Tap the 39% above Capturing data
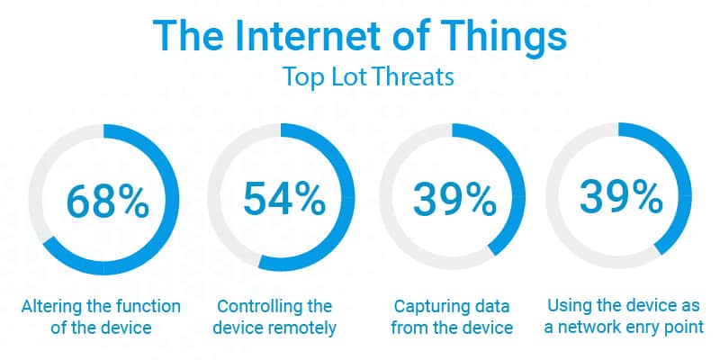(454, 198)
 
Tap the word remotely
(303, 328)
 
